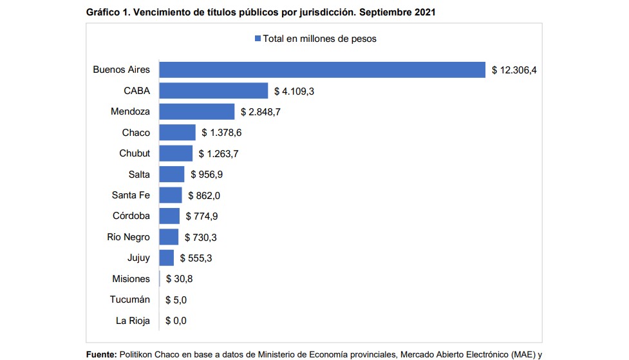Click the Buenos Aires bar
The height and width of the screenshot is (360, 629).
[x=322, y=70]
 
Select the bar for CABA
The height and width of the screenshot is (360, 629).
[x=214, y=91]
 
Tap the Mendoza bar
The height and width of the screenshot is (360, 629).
[x=197, y=111]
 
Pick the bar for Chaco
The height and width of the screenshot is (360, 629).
[x=177, y=133]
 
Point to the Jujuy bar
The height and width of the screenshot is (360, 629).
[x=167, y=258]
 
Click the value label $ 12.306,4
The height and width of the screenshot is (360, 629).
[x=514, y=70]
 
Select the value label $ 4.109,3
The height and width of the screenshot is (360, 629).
[x=294, y=91]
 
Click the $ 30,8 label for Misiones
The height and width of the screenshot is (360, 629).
[x=179, y=279]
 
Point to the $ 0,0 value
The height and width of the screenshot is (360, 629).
[x=176, y=321]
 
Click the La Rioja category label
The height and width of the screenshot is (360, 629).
[x=133, y=321]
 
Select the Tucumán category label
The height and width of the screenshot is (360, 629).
[x=130, y=299]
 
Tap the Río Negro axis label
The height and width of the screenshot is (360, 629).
[x=128, y=237]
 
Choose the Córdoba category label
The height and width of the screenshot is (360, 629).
[x=131, y=216]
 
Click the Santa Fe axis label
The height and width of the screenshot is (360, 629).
[x=131, y=195]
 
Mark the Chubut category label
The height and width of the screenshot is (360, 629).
[x=135, y=153]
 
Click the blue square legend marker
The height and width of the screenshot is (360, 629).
[x=258, y=39]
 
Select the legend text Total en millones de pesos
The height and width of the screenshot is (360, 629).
[x=319, y=39]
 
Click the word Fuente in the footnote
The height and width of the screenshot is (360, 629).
[x=102, y=354]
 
